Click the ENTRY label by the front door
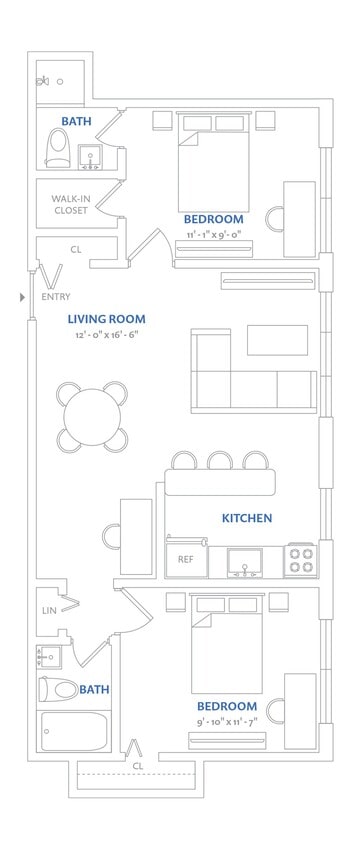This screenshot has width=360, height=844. (x=56, y=297)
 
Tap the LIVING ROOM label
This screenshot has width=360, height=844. (x=106, y=319)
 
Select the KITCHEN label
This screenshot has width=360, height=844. (x=247, y=518)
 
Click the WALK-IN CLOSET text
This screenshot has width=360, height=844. (x=71, y=204)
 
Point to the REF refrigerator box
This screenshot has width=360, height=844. (x=186, y=560)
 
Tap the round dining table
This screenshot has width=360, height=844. (x=93, y=417)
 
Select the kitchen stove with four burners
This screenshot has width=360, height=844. (x=301, y=560)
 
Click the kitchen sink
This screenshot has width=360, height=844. (x=244, y=562)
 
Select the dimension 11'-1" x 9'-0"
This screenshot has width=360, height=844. (x=213, y=234)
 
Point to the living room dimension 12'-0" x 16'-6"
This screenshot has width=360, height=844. (x=106, y=335)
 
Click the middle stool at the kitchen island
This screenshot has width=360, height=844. (x=220, y=461)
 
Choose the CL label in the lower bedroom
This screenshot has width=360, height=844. (x=138, y=765)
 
